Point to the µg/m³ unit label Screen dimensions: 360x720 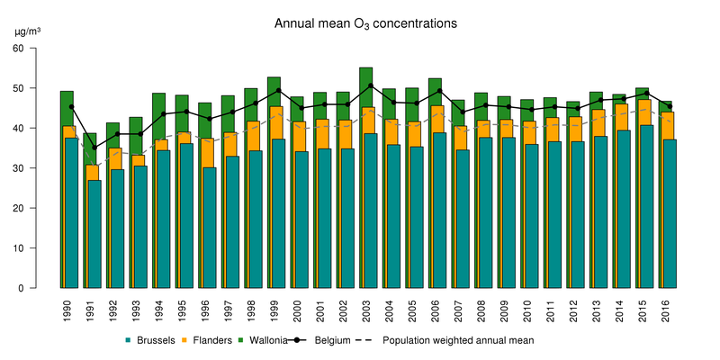coord(28,31)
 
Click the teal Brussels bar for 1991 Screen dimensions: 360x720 coord(94,234)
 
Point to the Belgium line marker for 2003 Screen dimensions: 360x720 coord(370,85)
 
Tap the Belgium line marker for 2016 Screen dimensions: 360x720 coord(669,106)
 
